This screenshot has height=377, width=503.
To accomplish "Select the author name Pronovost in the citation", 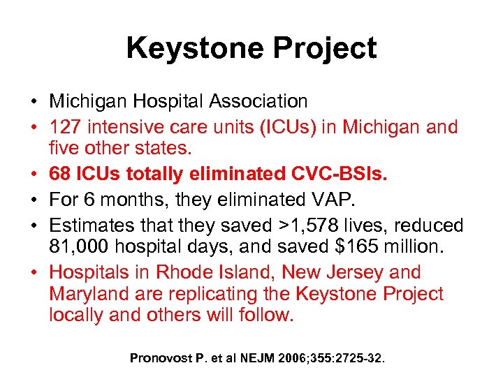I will (161, 358).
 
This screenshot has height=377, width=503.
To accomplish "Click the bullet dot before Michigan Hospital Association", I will (34, 102).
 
